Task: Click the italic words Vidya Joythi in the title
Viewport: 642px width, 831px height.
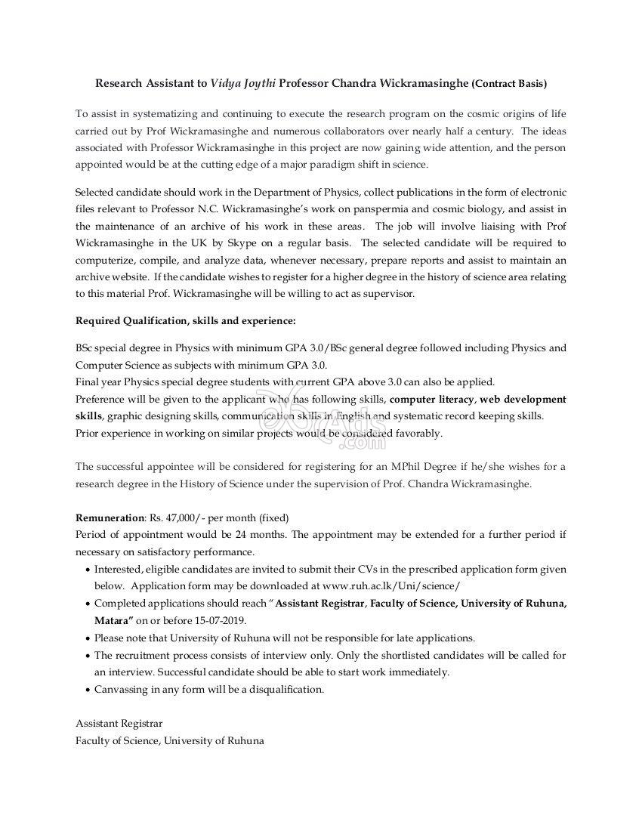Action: coord(242,82)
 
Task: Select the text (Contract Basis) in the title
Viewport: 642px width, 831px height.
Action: coord(509,82)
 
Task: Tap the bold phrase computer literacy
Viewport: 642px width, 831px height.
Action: coord(432,399)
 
